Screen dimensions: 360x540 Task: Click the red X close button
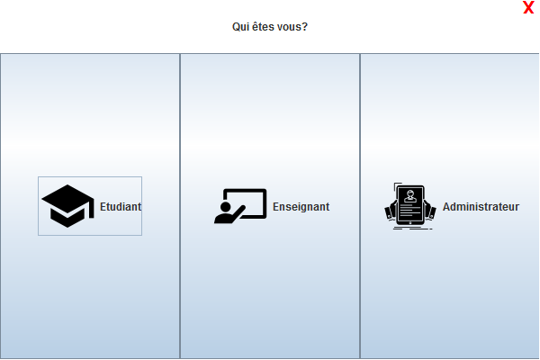(529, 8)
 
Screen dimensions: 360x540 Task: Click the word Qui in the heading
(240, 27)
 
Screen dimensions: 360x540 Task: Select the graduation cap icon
(67, 206)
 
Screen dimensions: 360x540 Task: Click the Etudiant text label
(121, 206)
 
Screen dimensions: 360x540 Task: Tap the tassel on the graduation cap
(91, 212)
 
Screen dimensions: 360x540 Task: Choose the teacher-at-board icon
(240, 206)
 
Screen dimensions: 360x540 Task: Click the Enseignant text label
(301, 207)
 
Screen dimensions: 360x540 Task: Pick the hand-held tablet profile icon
(410, 207)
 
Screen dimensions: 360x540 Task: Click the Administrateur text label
(481, 207)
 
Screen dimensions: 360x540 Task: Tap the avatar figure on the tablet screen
(410, 195)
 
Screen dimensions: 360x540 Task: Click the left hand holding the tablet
(391, 212)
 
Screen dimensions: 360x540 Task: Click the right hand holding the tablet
(430, 212)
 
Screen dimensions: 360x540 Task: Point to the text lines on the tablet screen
(410, 212)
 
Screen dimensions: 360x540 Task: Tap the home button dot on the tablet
(410, 225)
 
